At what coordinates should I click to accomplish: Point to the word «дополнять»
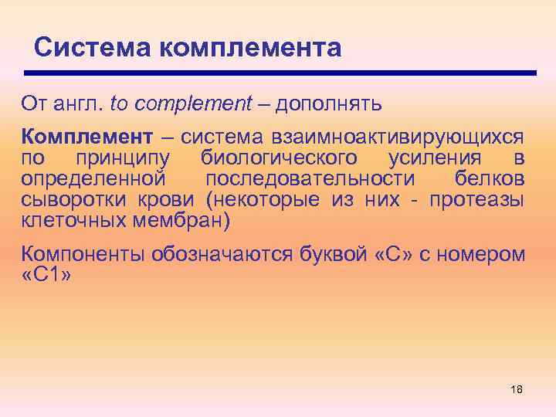click(x=328, y=103)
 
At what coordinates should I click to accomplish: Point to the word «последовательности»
click(x=308, y=178)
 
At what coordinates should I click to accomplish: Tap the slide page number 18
click(x=517, y=389)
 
